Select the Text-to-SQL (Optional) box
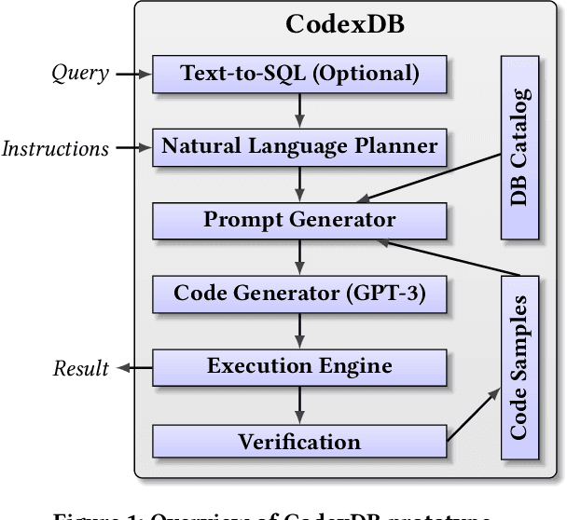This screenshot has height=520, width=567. coord(299,73)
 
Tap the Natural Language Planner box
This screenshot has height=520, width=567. coord(299,146)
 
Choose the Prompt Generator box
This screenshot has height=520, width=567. coord(299,220)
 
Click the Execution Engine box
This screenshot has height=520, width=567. coord(299,366)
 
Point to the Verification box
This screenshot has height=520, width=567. coord(299,441)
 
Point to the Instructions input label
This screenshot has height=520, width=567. coord(55,147)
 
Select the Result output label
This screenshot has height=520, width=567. coord(82,368)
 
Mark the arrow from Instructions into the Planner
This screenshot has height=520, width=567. coord(131,147)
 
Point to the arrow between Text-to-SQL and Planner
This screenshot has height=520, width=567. coord(299,110)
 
